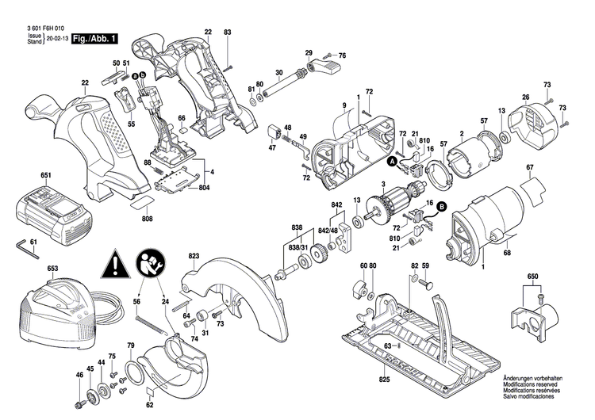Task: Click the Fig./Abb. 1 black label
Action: point(94,38)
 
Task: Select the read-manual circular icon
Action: point(151,263)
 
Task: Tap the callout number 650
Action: point(532,277)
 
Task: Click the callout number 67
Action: point(529,167)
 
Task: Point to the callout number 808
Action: point(148,219)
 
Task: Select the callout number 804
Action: point(205,188)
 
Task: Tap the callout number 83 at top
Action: point(228,32)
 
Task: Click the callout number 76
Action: point(343,55)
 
